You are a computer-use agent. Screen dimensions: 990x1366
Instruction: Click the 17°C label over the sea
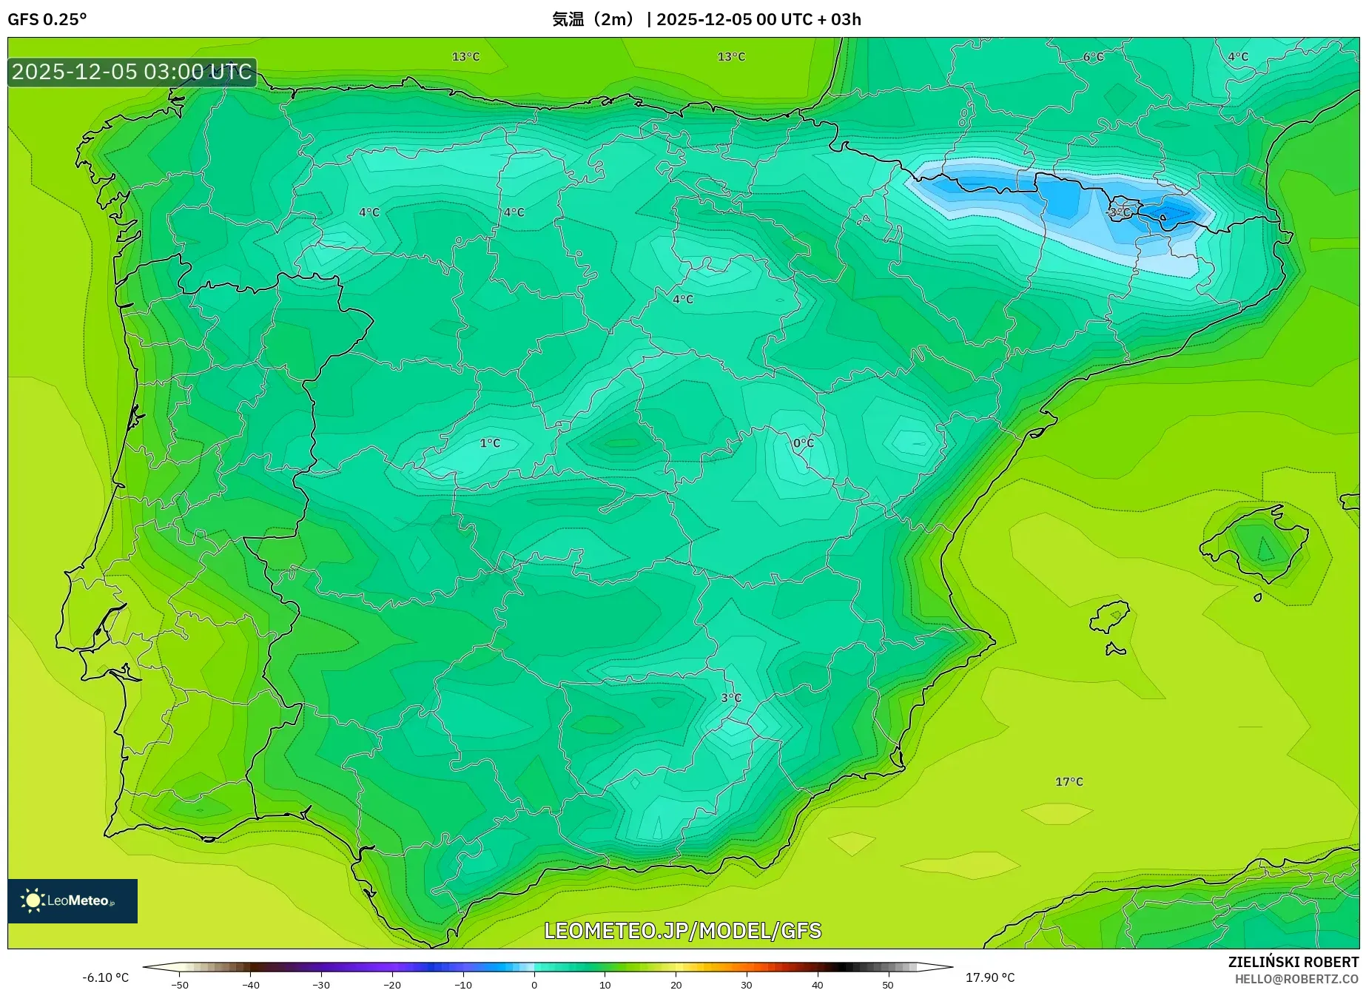pos(1069,781)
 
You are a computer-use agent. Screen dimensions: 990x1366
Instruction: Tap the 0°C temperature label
pos(803,442)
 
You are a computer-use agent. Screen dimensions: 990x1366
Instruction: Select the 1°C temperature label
pos(490,442)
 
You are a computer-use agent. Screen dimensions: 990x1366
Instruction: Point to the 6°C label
pos(1093,57)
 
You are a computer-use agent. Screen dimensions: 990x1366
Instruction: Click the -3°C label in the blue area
pos(1119,212)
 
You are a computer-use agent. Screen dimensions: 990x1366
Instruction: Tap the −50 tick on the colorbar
pos(180,984)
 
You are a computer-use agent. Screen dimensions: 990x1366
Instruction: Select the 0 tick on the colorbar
pos(534,984)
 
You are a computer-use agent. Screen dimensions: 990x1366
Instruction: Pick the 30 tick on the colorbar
pos(746,984)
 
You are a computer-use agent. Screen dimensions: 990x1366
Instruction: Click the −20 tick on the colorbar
pos(392,984)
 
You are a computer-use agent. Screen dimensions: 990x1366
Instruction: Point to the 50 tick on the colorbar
pos(888,984)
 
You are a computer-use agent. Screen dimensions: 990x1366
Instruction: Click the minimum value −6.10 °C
pos(105,977)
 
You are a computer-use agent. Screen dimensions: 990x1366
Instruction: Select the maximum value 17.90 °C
pos(990,977)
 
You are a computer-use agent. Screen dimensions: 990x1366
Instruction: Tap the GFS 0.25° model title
pos(47,19)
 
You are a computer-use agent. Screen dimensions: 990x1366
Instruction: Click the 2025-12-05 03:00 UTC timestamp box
pos(132,72)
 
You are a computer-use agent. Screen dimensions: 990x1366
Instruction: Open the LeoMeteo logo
pos(73,900)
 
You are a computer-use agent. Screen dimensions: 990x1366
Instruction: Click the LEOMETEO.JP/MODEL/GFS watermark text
pos(682,930)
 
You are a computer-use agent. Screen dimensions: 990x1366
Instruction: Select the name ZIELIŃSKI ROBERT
pos(1293,962)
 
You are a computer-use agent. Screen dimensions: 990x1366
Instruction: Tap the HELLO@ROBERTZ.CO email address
pos(1296,979)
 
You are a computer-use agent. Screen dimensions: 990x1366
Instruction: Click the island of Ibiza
pos(1110,616)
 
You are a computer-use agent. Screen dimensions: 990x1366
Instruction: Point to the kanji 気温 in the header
pos(568,19)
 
